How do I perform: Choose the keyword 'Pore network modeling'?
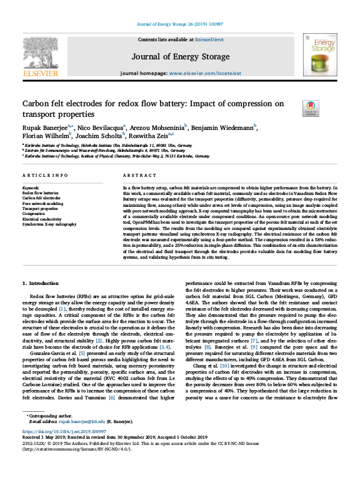click(42, 204)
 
